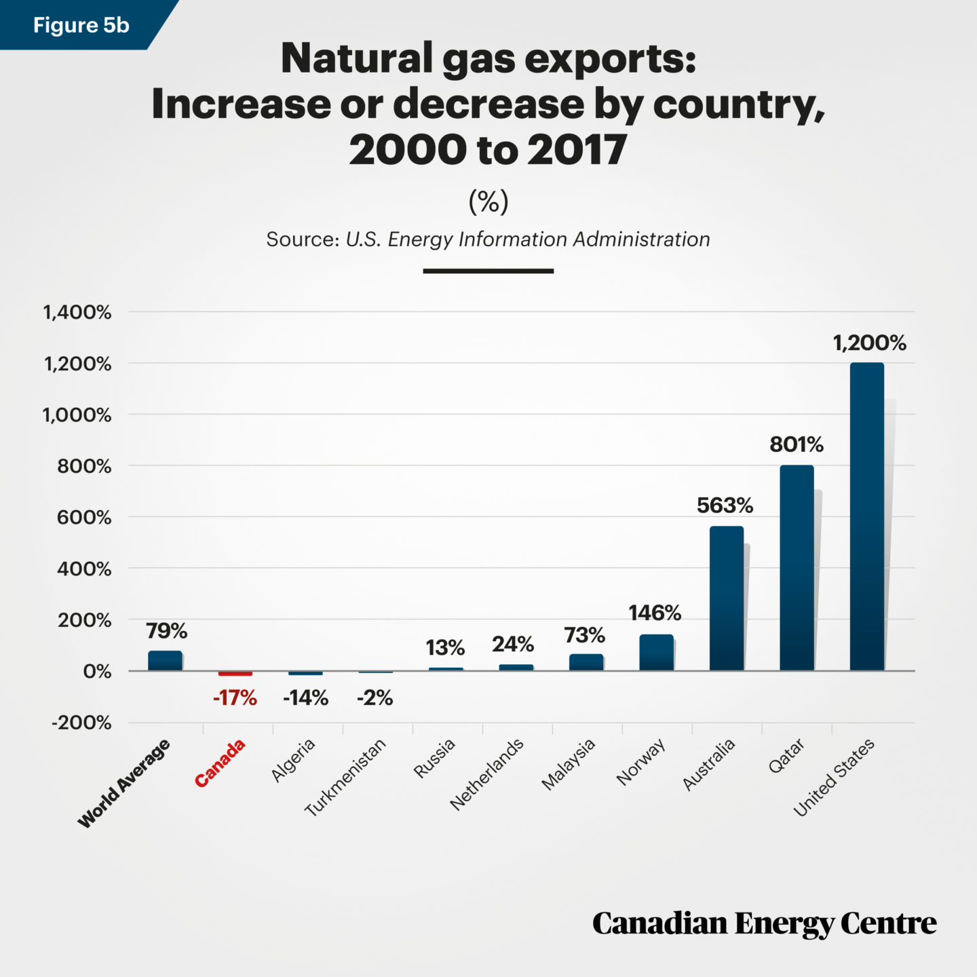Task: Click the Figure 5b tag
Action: [x=81, y=25]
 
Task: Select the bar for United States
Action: [x=866, y=517]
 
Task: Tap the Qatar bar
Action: [x=797, y=568]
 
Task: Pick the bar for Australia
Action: [x=727, y=598]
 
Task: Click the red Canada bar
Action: [x=235, y=673]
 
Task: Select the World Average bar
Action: [x=166, y=661]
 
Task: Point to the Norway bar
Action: [x=656, y=653]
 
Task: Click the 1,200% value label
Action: [x=869, y=343]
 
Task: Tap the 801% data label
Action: [x=796, y=445]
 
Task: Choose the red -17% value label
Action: [x=235, y=698]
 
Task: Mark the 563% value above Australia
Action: [x=725, y=505]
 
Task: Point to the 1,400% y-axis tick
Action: [x=77, y=313]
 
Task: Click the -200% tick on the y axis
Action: [x=81, y=723]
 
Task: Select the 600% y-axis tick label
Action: [x=84, y=518]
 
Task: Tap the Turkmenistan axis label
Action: [x=345, y=777]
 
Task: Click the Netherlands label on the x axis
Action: [x=487, y=774]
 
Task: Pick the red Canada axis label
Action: [x=220, y=764]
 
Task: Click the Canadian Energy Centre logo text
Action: [x=764, y=924]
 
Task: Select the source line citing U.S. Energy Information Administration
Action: [x=488, y=240]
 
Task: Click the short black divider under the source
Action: [x=488, y=271]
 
